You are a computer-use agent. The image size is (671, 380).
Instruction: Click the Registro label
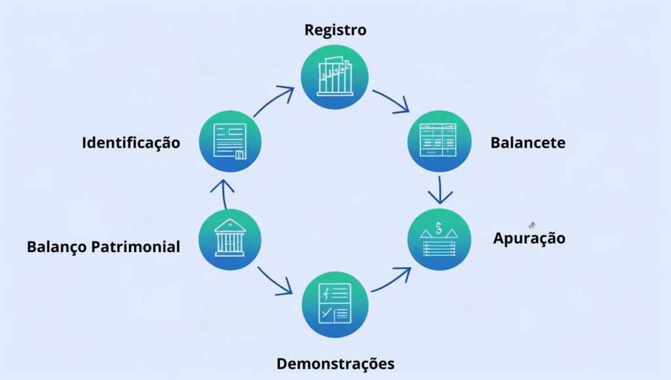coord(335,30)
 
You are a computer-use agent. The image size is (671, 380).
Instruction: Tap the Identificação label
coord(131,142)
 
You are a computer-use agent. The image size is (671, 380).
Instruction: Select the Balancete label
coord(527,142)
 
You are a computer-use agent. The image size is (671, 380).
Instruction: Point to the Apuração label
coord(529,238)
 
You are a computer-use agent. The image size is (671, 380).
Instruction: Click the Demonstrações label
coord(335,363)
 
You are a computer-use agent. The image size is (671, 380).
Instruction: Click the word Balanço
coord(57,247)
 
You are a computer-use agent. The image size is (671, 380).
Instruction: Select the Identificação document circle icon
coord(230,142)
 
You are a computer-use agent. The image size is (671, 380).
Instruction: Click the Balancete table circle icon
coord(440,142)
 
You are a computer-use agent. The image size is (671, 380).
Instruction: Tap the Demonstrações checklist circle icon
coord(335,304)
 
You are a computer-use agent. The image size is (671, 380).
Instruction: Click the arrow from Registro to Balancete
coord(392,100)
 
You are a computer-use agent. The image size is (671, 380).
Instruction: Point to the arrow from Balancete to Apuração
coord(440,189)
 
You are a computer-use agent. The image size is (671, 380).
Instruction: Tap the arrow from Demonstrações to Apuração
coord(392,280)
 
